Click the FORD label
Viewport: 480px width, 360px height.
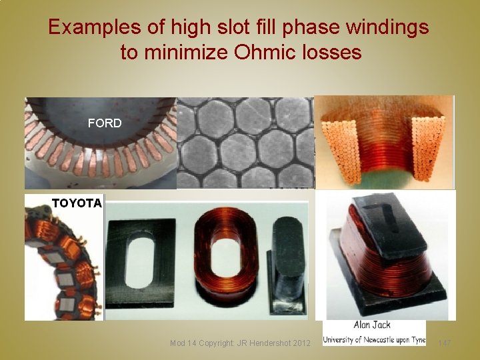coord(105,123)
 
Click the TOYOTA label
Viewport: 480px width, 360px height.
coord(77,203)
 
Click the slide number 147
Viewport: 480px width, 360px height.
coord(445,343)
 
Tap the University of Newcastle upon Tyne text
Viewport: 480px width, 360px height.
coord(374,340)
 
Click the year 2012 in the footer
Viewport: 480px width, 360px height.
coord(300,343)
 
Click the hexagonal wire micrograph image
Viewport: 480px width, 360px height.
coord(244,143)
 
